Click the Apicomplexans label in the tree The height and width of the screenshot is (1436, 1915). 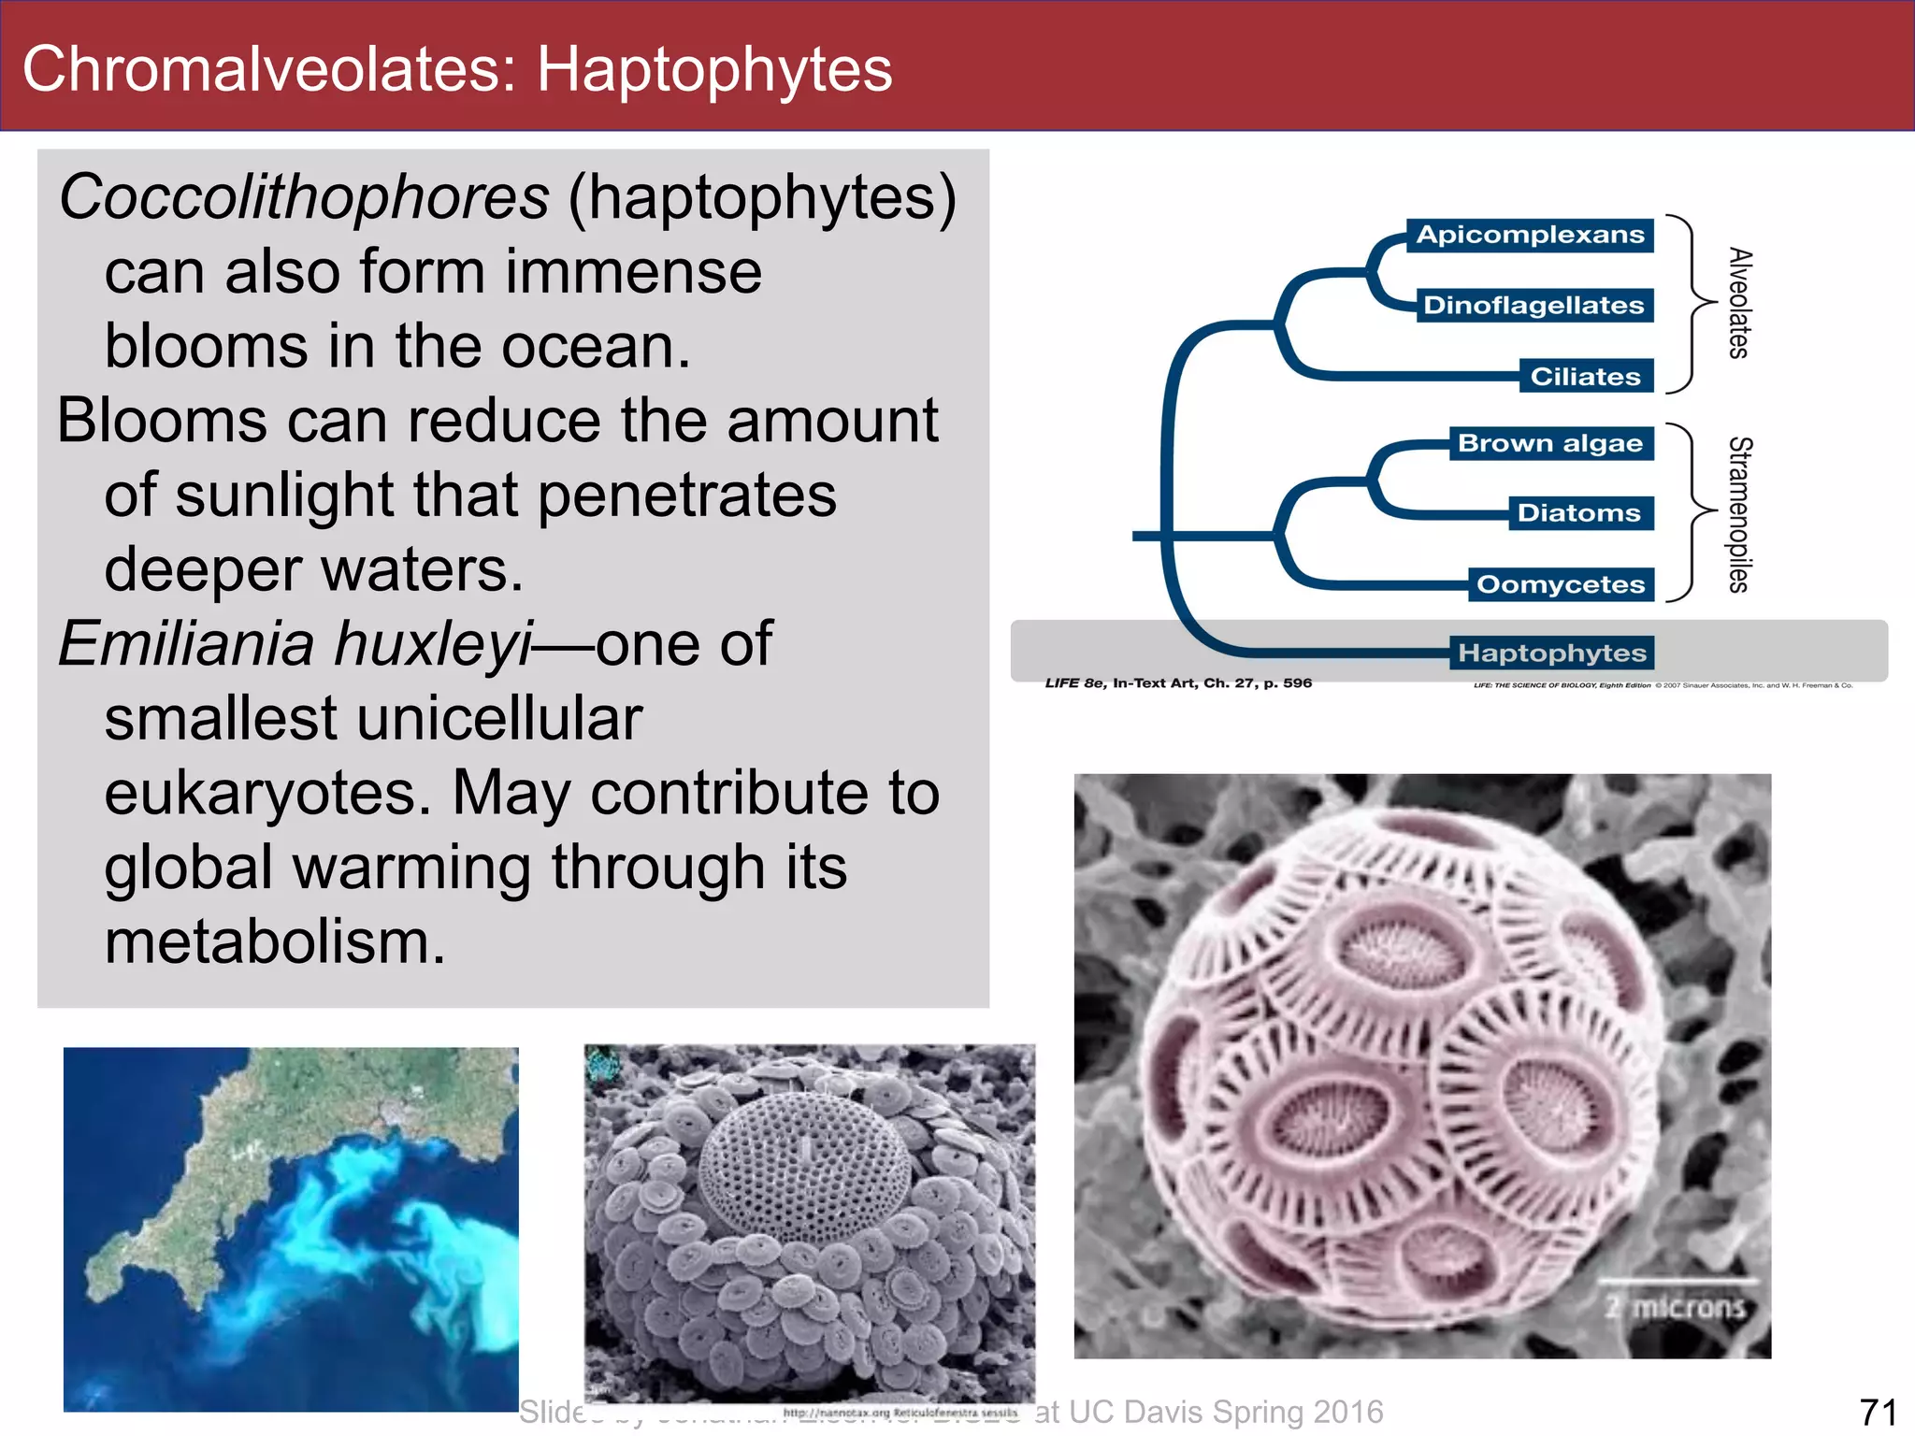click(1530, 235)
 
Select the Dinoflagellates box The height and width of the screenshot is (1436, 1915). click(1533, 306)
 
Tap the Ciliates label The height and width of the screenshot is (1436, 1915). click(1585, 377)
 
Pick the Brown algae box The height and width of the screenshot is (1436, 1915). click(1550, 443)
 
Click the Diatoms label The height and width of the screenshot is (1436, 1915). click(1578, 513)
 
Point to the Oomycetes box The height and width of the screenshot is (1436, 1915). click(1560, 585)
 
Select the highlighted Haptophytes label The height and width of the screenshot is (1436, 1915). click(1552, 653)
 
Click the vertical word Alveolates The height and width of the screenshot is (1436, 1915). click(1738, 303)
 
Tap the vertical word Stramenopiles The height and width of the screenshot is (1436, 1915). click(1738, 514)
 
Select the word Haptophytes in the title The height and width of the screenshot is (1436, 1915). click(714, 69)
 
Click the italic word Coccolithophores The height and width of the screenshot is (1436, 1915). click(304, 197)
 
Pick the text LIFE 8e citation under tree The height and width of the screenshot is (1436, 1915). click(1178, 683)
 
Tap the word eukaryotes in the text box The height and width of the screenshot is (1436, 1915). click(266, 794)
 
